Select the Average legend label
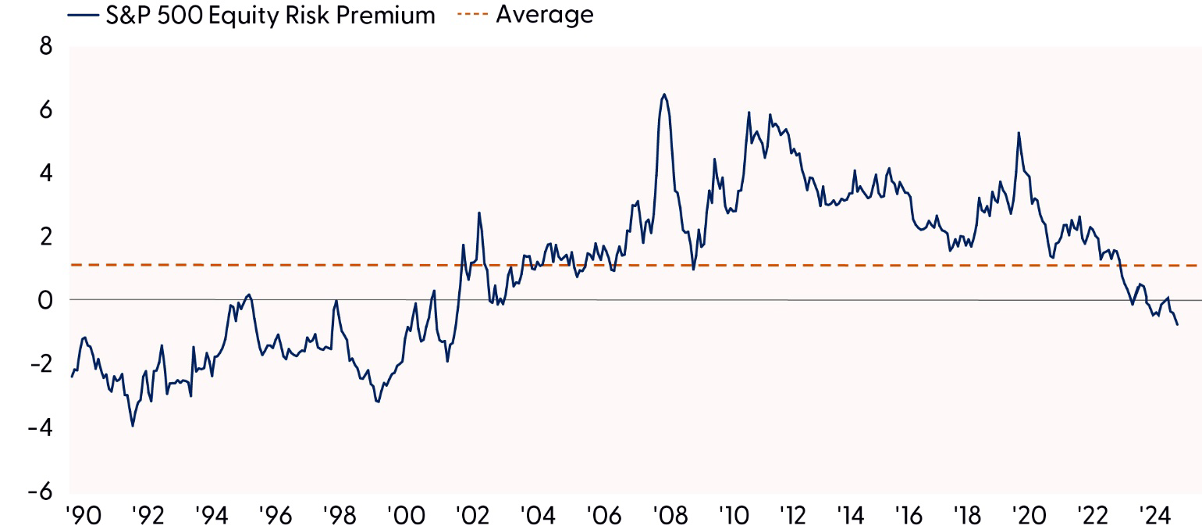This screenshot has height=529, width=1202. [544, 14]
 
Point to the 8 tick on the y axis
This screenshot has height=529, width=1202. [45, 46]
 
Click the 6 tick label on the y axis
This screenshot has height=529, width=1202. [45, 110]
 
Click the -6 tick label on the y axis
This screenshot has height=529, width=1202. [41, 491]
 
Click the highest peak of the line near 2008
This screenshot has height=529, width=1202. [664, 95]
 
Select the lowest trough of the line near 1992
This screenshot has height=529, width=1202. [133, 426]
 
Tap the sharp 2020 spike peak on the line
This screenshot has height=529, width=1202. [1019, 133]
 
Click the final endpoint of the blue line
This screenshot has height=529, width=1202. [1177, 324]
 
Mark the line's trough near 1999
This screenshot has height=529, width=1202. [379, 402]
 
